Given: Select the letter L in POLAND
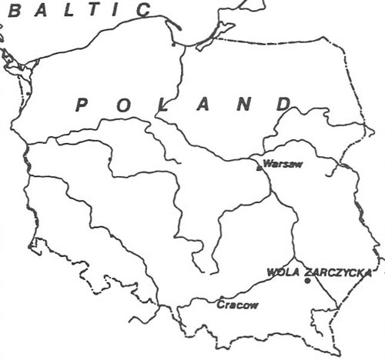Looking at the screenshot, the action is [164, 106].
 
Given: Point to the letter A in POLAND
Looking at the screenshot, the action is [203, 105].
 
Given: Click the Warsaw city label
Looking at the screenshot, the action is [279, 164].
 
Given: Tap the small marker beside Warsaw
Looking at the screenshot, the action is [259, 165].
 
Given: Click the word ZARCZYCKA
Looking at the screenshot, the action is [338, 272].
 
